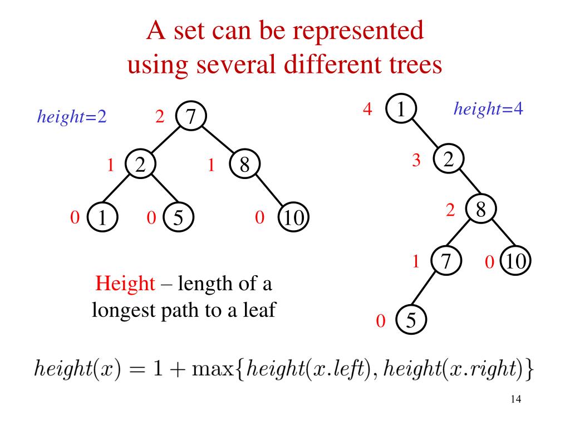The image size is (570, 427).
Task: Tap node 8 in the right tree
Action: pyautogui.click(x=482, y=211)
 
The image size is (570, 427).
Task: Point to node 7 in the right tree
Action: pyautogui.click(x=445, y=261)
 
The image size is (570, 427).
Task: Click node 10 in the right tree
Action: pyautogui.click(x=515, y=261)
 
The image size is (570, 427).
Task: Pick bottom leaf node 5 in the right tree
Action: pyautogui.click(x=410, y=321)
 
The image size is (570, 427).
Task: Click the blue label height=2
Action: pyautogui.click(x=71, y=117)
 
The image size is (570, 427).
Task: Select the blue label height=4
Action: pyautogui.click(x=488, y=109)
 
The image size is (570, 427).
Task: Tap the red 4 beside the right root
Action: pyautogui.click(x=367, y=109)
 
